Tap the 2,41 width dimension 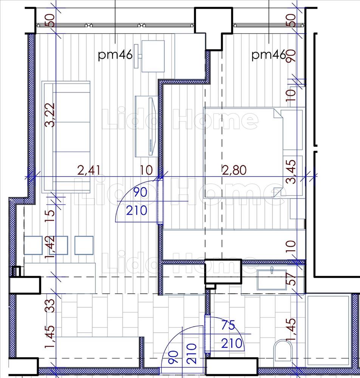click(90, 170)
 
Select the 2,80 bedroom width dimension click(234, 170)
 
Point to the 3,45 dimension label click(291, 172)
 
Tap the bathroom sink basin click(272, 279)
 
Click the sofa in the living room click(66, 137)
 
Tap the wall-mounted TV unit click(146, 126)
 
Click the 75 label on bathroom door click(228, 326)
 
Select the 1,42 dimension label click(50, 247)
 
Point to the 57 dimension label click(292, 279)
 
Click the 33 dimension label click(50, 306)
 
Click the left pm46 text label click(115, 55)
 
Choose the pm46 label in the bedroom click(269, 55)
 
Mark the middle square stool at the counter click(59, 245)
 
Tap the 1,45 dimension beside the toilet click(291, 330)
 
